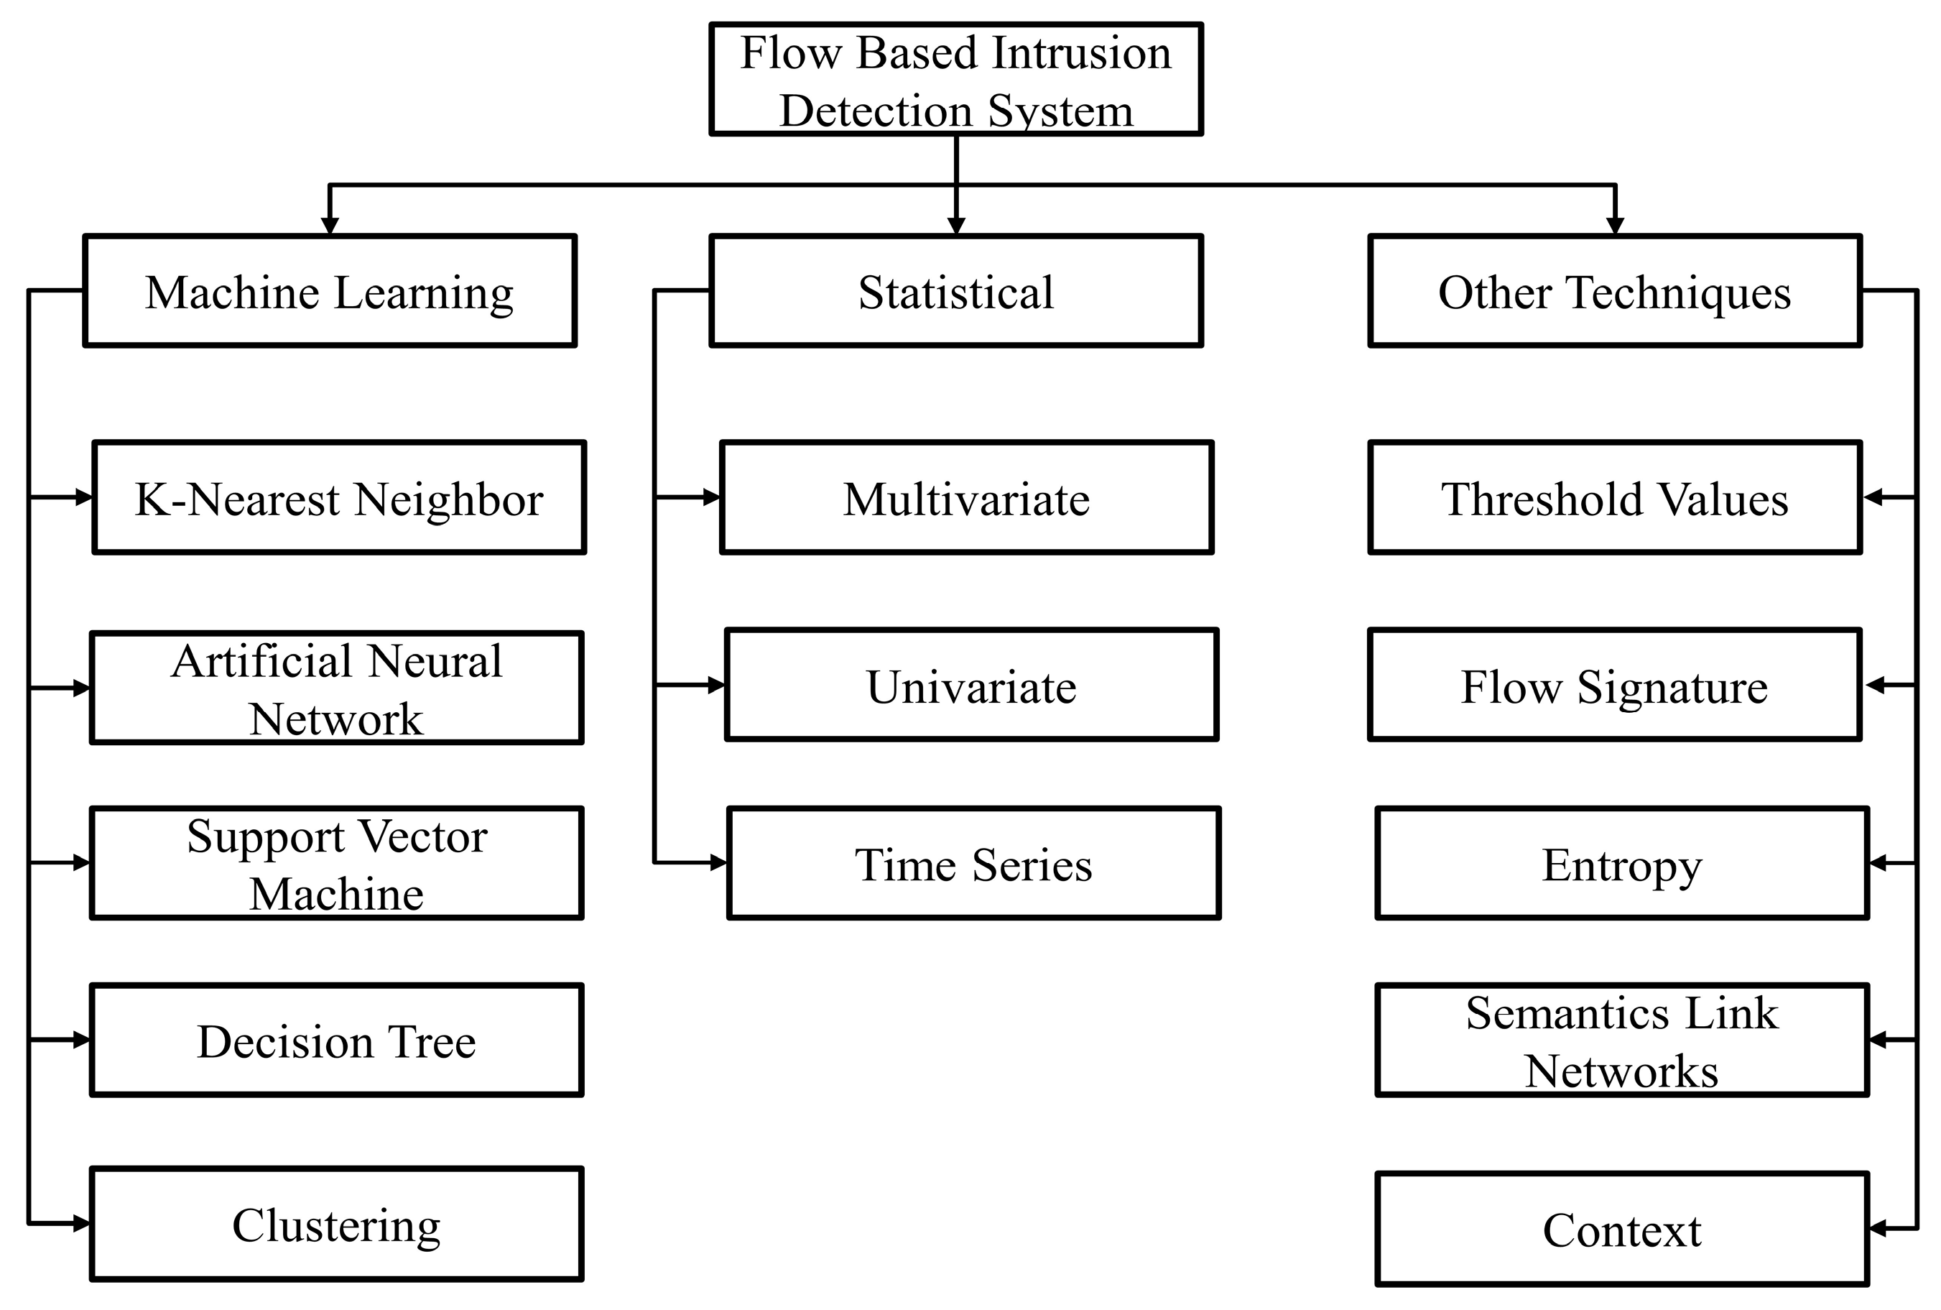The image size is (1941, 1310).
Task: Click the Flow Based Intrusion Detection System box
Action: [955, 79]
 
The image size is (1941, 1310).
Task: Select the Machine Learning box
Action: [330, 291]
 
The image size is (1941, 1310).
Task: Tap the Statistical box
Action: [955, 291]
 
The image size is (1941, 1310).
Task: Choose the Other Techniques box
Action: [1614, 291]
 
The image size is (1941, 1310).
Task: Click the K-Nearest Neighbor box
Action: [339, 497]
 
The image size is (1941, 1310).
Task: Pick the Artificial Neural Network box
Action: [337, 688]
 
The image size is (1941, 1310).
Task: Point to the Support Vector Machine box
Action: [337, 863]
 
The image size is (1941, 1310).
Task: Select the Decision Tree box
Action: [337, 1040]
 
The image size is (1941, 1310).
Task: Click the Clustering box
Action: [337, 1224]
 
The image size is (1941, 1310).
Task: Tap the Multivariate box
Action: [966, 497]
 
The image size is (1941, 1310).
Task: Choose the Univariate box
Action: [971, 685]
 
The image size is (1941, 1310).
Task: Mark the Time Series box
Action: [974, 863]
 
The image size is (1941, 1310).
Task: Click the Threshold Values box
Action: [1614, 497]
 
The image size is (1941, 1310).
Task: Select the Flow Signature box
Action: [1614, 685]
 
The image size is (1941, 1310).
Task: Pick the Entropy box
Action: [1622, 863]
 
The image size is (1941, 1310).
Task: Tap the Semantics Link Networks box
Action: [1622, 1040]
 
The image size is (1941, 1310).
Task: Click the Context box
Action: [1622, 1229]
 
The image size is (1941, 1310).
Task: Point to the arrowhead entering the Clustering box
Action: [82, 1224]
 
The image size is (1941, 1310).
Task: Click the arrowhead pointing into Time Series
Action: [718, 863]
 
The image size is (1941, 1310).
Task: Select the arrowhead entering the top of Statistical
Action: [956, 226]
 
